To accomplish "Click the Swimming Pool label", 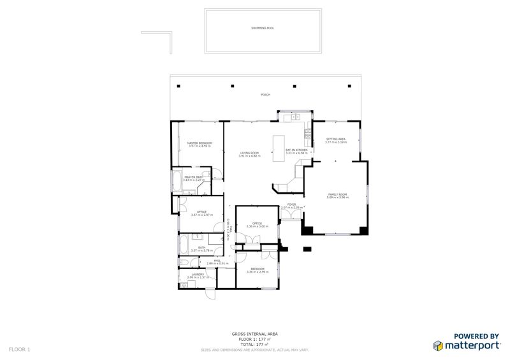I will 262,28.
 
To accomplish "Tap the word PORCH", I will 265,95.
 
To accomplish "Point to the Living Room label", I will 249,154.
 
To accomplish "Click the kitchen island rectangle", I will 279,148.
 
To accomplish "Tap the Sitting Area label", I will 335,140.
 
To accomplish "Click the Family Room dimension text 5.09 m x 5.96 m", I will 337,197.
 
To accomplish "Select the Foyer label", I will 291,205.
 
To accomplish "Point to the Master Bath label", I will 193,178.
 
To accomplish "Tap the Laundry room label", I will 198,276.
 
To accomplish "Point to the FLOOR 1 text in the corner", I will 19,349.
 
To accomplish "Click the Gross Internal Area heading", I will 254,334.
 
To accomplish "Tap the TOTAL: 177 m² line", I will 254,343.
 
